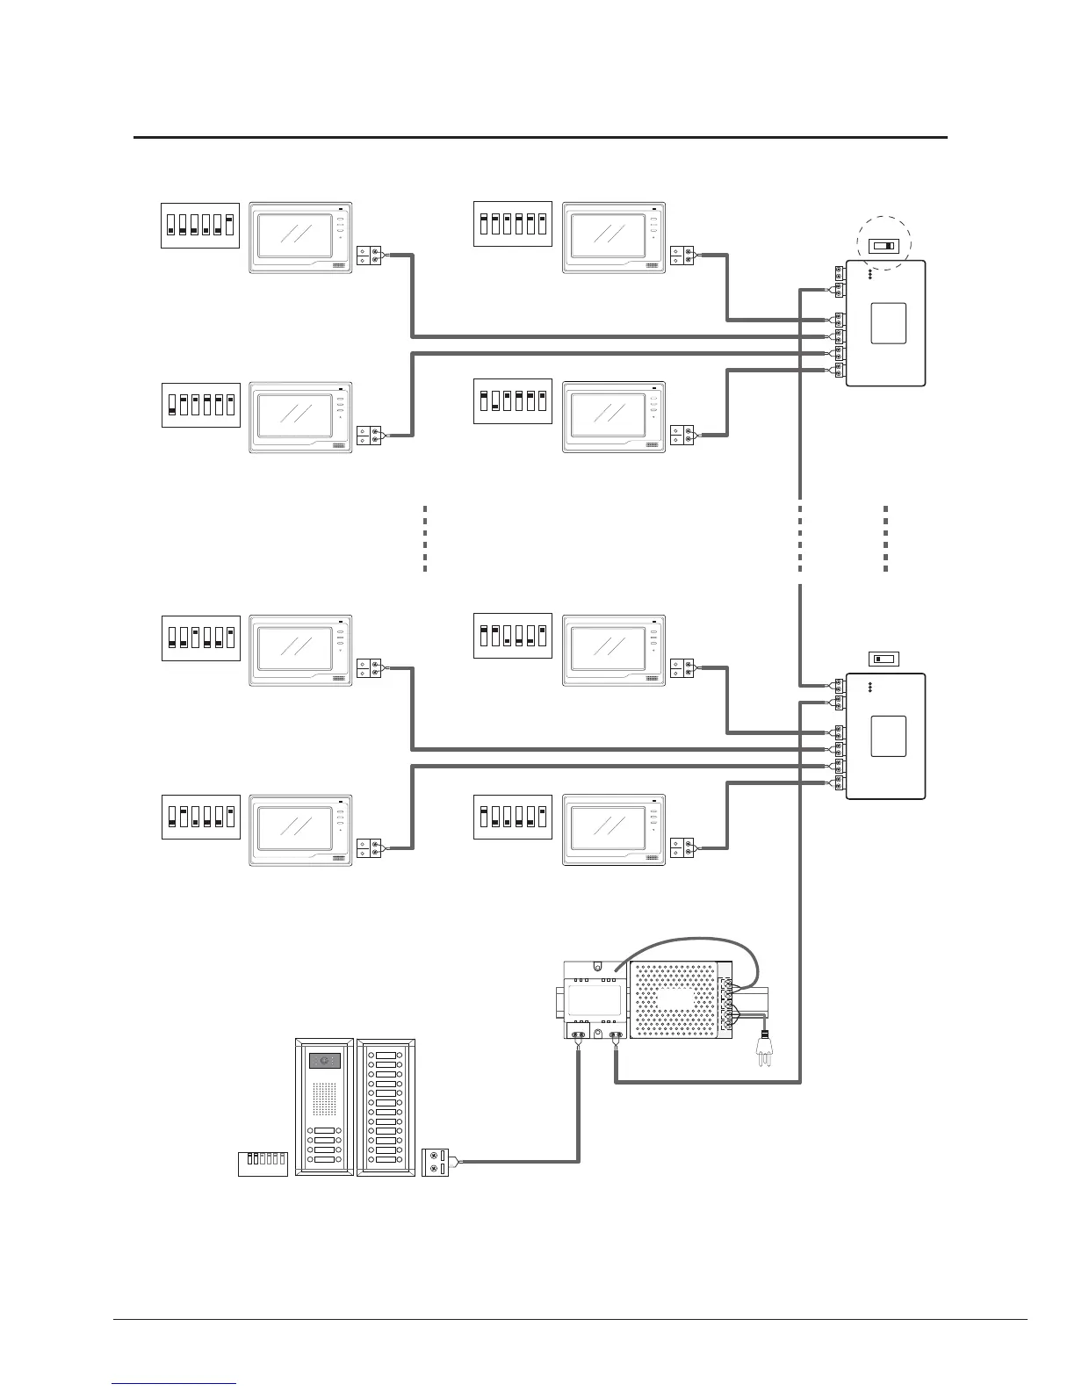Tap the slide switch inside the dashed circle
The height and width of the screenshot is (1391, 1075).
click(882, 246)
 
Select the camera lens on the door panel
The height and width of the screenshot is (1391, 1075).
click(324, 1061)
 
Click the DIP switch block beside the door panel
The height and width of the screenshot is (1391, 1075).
click(263, 1163)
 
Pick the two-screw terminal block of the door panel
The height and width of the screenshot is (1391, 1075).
click(436, 1162)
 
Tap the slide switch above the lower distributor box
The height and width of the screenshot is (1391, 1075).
click(882, 659)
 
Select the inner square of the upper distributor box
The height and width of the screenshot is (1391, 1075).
click(888, 323)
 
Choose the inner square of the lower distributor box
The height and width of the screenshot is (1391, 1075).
click(888, 736)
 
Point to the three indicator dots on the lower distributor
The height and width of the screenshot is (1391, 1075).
click(869, 688)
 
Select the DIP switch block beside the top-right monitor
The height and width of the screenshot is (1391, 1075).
click(513, 224)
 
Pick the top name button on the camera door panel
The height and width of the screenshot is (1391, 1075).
click(324, 1131)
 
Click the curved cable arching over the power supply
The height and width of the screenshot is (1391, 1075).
click(694, 943)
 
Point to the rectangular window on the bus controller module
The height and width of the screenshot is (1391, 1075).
click(595, 999)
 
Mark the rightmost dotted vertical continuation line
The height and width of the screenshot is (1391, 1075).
click(885, 539)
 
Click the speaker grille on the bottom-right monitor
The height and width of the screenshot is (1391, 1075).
click(653, 860)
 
